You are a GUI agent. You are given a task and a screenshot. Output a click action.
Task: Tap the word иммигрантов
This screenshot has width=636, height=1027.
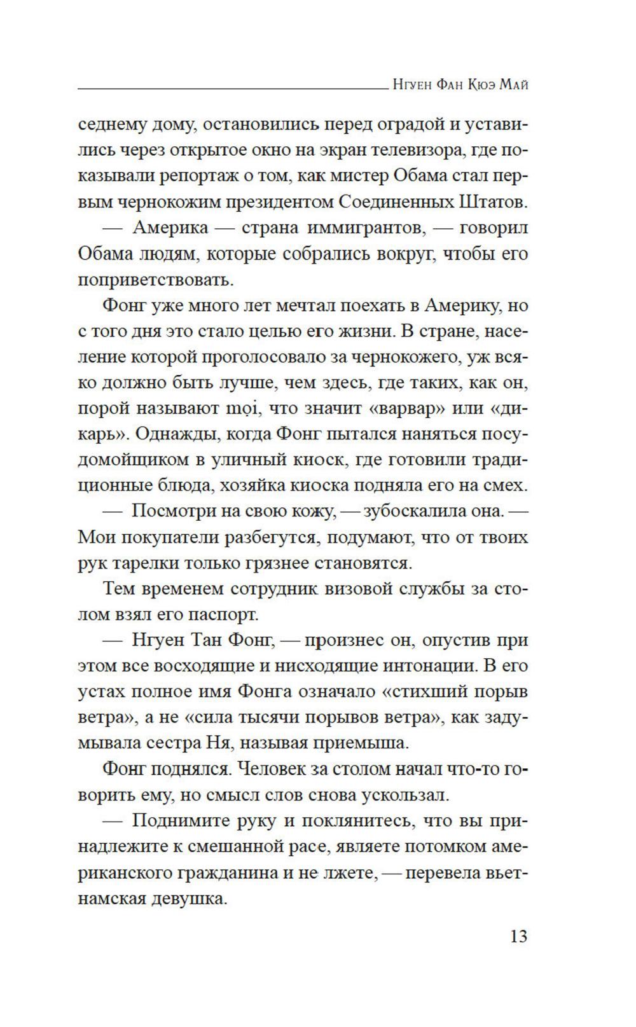click(366, 228)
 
